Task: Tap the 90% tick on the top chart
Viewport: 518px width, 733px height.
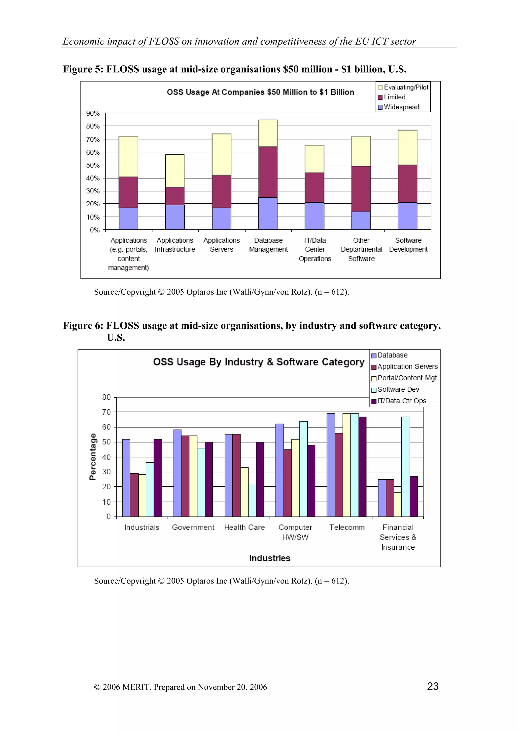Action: coord(93,113)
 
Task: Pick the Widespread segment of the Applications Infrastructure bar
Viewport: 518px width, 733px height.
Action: coord(175,217)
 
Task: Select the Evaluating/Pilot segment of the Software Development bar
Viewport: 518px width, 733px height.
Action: coord(407,147)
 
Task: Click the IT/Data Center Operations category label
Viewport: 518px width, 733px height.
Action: coord(315,249)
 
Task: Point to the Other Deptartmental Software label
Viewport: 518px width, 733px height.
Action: coord(361,249)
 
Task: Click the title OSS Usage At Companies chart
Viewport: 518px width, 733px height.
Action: coord(260,92)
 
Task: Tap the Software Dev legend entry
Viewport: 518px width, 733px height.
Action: coord(398,389)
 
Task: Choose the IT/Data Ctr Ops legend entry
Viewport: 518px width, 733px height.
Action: coord(401,401)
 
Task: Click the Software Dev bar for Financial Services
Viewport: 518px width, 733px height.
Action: coord(406,466)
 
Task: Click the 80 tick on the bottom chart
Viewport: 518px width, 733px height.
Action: coord(106,397)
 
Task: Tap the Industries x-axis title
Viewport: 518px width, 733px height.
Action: coord(270,558)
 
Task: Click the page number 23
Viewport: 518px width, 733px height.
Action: coord(433,686)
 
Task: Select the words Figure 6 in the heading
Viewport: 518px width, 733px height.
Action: coord(83,326)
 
